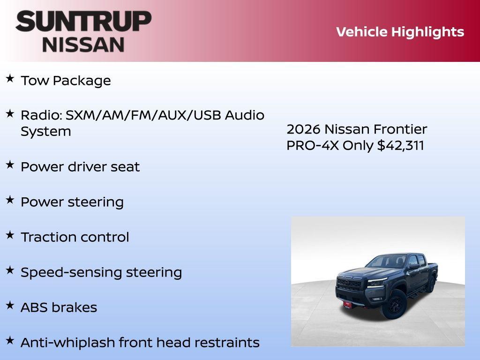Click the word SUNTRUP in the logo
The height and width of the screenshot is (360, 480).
click(x=83, y=21)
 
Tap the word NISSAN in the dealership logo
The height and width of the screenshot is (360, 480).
click(x=83, y=44)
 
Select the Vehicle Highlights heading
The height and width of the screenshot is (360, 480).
click(x=400, y=32)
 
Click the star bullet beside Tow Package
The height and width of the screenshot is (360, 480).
click(x=10, y=78)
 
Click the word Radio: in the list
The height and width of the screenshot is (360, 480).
click(x=41, y=115)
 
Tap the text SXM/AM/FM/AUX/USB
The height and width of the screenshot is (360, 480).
click(x=143, y=115)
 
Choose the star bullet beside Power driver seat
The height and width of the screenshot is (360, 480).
click(x=10, y=165)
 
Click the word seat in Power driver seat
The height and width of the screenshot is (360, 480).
click(x=125, y=167)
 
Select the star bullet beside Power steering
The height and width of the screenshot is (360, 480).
click(x=10, y=200)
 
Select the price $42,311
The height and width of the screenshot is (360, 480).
click(x=401, y=145)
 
